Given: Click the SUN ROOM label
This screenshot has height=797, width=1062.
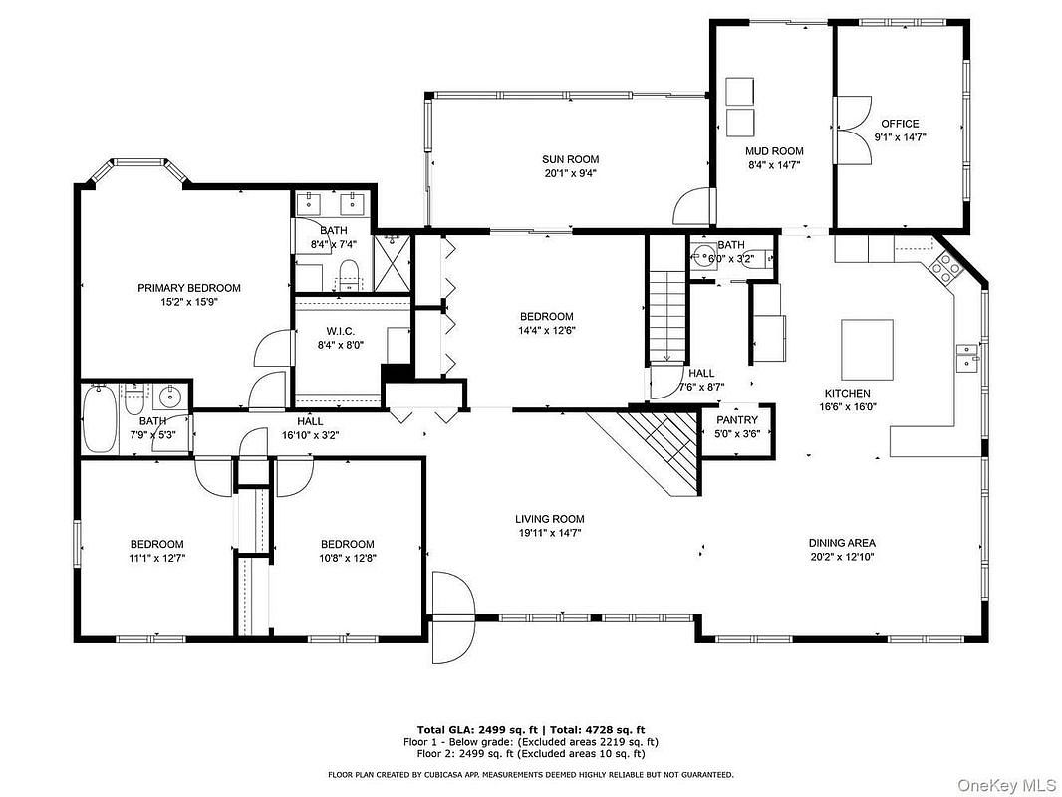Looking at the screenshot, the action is click(570, 159).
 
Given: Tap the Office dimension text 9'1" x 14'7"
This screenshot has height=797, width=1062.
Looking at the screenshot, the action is click(901, 136).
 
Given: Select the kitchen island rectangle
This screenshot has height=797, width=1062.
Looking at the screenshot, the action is click(867, 350).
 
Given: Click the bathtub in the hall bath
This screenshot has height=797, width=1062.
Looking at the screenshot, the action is click(99, 419).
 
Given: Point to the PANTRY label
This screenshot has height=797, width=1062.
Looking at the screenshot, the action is click(737, 420).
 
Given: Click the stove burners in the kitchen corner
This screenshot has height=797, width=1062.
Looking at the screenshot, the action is click(946, 266).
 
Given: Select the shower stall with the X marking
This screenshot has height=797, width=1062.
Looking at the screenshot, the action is click(392, 263).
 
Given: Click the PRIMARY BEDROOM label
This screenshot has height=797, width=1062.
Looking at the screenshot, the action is click(189, 288).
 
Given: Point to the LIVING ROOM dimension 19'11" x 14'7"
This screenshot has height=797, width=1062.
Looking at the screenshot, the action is click(549, 533).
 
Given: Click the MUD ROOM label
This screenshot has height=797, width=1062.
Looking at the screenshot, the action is click(774, 151).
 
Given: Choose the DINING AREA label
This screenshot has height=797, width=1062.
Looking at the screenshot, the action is click(842, 543).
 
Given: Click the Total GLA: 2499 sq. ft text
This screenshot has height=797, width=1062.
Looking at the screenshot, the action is click(477, 730).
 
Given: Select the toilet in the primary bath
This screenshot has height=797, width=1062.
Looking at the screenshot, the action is click(349, 274).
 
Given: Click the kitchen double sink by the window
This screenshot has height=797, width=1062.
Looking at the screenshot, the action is click(967, 359).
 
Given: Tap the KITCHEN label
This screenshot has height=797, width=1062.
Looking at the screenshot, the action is click(847, 394).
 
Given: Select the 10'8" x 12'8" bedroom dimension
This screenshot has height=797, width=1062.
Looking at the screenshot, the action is click(348, 559).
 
